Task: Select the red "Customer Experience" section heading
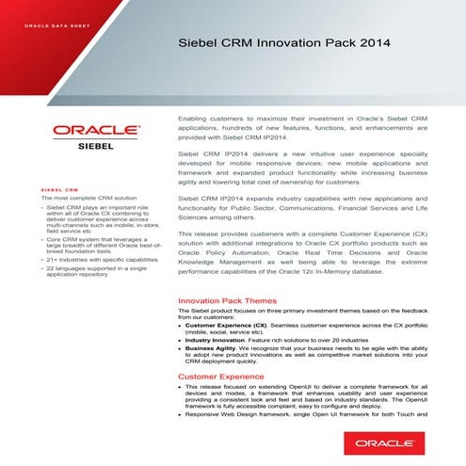[x=220, y=377]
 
